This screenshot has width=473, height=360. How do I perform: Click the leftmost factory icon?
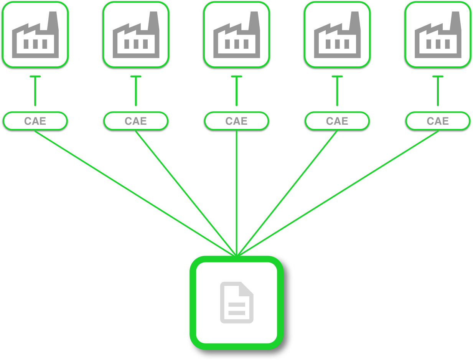[x=35, y=35]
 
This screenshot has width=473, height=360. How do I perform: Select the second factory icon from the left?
[x=136, y=35]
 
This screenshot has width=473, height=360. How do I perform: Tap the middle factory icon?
[x=237, y=35]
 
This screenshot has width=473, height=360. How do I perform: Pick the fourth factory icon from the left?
[x=337, y=35]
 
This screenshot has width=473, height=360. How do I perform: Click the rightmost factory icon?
[x=438, y=35]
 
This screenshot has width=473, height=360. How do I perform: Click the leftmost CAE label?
[x=35, y=121]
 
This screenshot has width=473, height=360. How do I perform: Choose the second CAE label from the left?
[x=136, y=121]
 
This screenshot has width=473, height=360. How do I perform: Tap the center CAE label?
[x=236, y=121]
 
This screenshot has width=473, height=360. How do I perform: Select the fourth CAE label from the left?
[x=337, y=121]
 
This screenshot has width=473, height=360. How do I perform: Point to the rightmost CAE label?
[x=438, y=121]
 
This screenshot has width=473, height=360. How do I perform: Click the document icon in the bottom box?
[x=237, y=302]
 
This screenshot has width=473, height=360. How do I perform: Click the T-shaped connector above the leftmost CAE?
[x=35, y=91]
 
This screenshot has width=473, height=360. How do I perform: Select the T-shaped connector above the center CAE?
[x=236, y=91]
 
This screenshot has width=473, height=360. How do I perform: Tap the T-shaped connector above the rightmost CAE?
[x=438, y=91]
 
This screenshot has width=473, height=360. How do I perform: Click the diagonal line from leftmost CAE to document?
[x=135, y=193]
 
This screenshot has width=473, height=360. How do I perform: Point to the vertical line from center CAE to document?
[x=236, y=193]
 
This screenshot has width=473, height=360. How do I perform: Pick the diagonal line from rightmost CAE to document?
[x=338, y=193]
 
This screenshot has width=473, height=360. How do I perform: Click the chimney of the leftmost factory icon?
[x=53, y=21]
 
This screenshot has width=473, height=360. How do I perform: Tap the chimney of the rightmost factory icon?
[x=455, y=21]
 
